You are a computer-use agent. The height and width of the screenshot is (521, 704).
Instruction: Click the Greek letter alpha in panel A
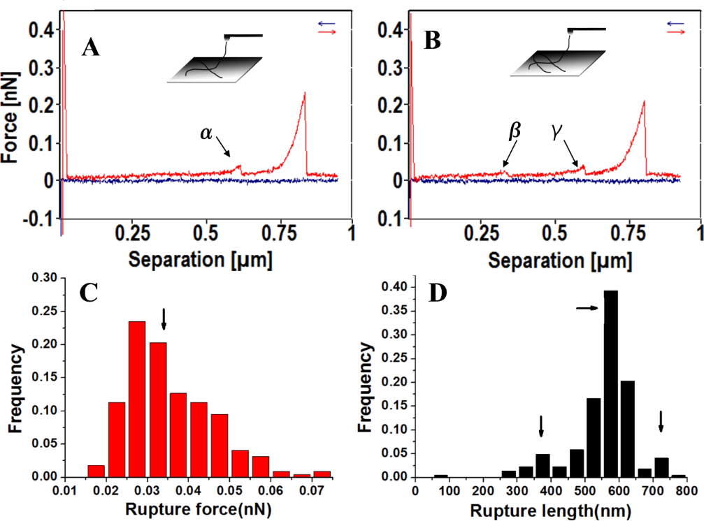(x=207, y=134)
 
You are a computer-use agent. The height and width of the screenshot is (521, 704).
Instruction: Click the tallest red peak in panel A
(x=305, y=94)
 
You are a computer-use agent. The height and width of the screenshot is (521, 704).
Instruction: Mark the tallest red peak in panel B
(x=644, y=102)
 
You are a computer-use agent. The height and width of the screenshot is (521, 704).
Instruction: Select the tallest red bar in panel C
(x=138, y=398)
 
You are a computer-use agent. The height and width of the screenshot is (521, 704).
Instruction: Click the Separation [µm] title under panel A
(x=201, y=262)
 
